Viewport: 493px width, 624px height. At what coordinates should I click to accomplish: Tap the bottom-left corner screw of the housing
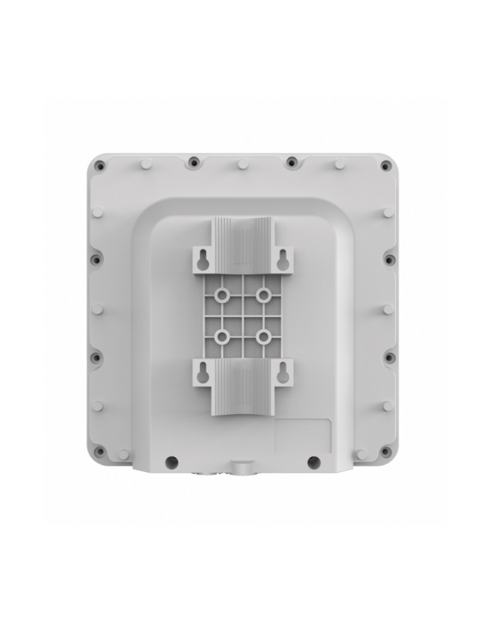click(x=100, y=451)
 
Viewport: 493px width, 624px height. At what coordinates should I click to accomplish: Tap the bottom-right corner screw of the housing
click(x=385, y=451)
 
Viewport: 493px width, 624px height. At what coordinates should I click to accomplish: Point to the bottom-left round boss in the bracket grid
click(x=223, y=337)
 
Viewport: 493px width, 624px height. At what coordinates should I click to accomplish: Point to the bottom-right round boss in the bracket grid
click(x=263, y=337)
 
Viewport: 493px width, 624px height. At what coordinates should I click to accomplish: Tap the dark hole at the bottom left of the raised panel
click(x=170, y=462)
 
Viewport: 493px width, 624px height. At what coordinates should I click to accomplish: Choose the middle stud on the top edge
click(x=243, y=163)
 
